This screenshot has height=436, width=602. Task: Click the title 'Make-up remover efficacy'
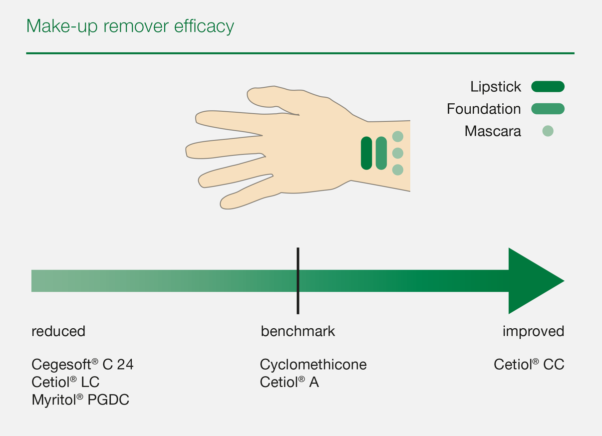(x=130, y=26)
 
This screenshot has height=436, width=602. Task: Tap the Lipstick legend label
(x=495, y=87)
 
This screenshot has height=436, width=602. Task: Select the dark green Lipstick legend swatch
(x=548, y=87)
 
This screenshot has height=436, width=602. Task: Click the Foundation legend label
(x=484, y=109)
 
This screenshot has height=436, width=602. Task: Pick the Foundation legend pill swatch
(x=548, y=109)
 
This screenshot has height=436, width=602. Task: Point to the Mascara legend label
(x=493, y=131)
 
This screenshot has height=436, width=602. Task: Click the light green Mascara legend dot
(x=548, y=131)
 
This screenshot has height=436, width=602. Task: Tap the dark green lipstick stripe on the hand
(x=366, y=153)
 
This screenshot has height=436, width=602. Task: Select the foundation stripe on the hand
(x=381, y=153)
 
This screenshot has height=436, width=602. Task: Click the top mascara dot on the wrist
(x=397, y=136)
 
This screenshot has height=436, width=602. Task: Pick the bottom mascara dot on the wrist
(x=397, y=170)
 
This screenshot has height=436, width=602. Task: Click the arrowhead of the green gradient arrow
(x=534, y=281)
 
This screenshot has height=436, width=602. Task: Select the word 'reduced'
(x=58, y=331)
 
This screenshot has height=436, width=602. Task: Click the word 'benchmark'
(x=298, y=331)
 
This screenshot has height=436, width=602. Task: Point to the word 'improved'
(x=533, y=331)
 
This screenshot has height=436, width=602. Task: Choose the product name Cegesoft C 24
(x=82, y=365)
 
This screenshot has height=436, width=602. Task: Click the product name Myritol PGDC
(x=80, y=400)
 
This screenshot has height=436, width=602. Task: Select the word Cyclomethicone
(x=313, y=365)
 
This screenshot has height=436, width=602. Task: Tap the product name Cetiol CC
(x=529, y=365)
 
